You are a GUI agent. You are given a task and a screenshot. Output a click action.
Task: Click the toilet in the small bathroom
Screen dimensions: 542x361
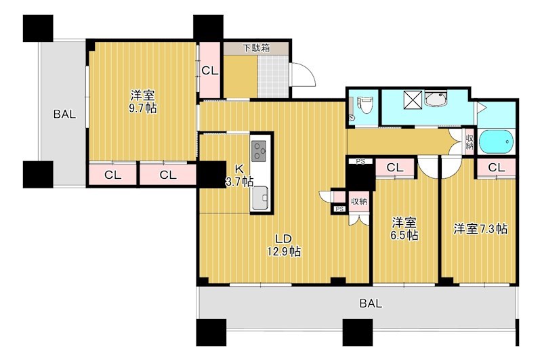click(x=364, y=105)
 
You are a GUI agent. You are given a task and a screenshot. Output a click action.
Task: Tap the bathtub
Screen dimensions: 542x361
click(x=496, y=142)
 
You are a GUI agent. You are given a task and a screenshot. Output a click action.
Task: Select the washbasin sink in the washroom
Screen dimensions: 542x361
click(x=436, y=99)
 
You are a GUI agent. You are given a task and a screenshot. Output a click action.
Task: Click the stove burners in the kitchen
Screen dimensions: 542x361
click(x=259, y=151)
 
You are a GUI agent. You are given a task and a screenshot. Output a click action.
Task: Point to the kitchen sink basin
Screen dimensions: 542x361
click(x=260, y=198)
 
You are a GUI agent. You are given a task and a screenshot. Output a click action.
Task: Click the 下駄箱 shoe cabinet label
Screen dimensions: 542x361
click(x=256, y=48)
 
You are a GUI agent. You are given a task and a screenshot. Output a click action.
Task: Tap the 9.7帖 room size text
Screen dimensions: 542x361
click(x=143, y=108)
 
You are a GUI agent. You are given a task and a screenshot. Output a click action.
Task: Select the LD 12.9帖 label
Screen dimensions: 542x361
click(x=283, y=245)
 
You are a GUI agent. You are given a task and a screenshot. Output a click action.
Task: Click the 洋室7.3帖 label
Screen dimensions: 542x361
click(x=480, y=229)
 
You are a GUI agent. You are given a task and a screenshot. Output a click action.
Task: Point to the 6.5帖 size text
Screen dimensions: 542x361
click(x=404, y=235)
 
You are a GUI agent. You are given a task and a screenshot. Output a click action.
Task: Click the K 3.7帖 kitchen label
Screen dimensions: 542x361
click(x=239, y=175)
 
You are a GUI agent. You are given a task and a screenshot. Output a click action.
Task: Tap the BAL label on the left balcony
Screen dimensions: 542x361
click(x=64, y=114)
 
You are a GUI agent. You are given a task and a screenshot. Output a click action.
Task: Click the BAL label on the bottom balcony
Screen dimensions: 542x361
click(x=371, y=303)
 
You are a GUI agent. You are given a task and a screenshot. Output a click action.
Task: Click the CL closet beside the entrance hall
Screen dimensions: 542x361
click(x=210, y=70)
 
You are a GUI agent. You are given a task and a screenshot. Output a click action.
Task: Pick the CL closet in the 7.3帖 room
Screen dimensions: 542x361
click(x=497, y=168)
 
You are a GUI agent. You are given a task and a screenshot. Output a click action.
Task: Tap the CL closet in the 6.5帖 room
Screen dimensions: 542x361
click(x=395, y=168)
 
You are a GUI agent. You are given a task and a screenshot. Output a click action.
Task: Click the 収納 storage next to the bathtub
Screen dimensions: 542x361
click(x=470, y=142)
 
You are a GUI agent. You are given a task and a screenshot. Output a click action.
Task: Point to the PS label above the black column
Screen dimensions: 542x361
click(x=360, y=161)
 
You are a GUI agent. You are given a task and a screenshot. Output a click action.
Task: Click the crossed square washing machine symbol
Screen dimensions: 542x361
click(x=412, y=99)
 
